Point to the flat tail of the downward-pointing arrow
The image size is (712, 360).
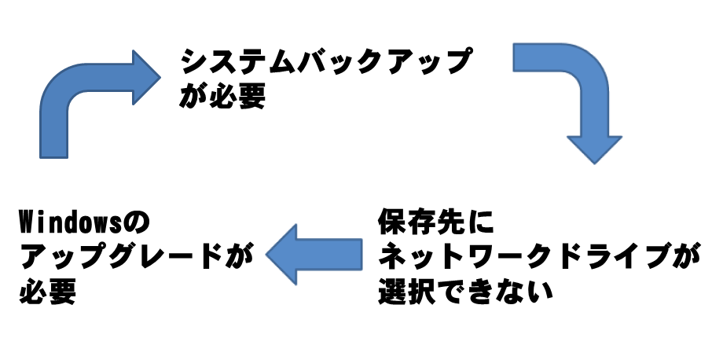coord(519,60)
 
